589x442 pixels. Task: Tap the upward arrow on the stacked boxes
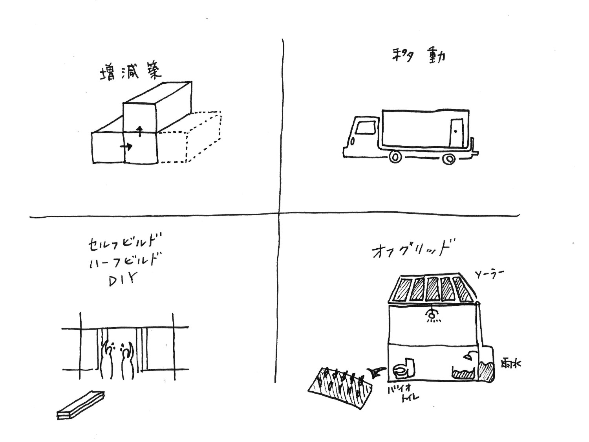tap(139, 130)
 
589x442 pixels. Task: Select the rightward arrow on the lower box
tap(126, 147)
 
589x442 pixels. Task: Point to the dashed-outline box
tap(190, 138)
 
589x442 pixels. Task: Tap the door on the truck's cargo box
tap(455, 132)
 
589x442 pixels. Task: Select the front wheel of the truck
tap(395, 158)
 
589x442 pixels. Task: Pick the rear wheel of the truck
tap(448, 159)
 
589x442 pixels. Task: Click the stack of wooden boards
tap(80, 405)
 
